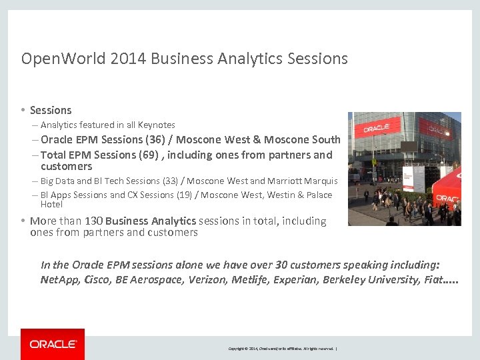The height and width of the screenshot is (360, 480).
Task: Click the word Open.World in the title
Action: click(63, 59)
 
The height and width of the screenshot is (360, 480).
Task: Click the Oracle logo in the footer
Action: click(53, 344)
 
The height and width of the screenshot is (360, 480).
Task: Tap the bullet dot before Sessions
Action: click(23, 110)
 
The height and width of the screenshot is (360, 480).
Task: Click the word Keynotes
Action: click(157, 125)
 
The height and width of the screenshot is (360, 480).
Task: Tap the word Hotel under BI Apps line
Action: click(51, 204)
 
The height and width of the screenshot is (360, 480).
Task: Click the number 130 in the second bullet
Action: click(93, 221)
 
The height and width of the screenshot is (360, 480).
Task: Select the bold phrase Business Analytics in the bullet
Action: click(151, 221)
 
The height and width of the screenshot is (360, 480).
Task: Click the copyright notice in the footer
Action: click(283, 349)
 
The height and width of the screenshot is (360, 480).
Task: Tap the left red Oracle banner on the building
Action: click(377, 126)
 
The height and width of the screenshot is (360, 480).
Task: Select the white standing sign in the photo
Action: click(419, 179)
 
